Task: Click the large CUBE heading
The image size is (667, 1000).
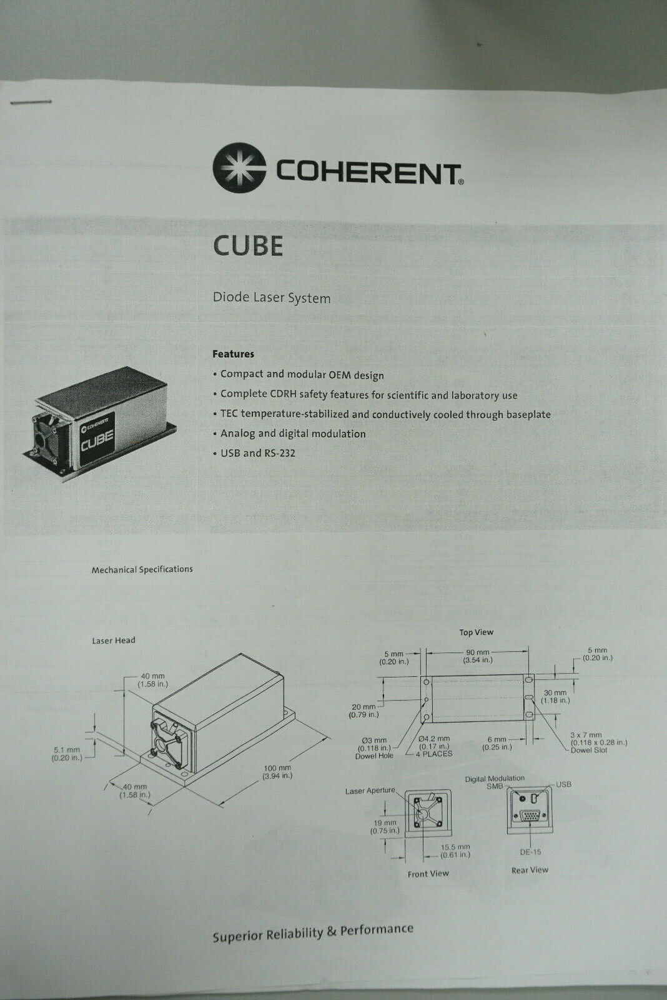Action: tap(247, 246)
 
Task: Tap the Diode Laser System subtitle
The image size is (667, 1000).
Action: tap(272, 297)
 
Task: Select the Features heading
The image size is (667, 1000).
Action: tap(233, 354)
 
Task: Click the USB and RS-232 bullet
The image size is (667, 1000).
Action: tap(257, 452)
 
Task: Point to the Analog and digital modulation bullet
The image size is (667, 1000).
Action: tap(292, 433)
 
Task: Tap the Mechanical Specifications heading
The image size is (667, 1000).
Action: tap(142, 569)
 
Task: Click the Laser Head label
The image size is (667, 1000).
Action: tap(114, 640)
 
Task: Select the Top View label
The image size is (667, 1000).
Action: tap(476, 632)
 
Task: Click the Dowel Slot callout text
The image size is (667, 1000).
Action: tap(589, 750)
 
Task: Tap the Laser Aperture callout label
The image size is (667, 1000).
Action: tap(370, 791)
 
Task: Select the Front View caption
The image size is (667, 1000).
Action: tap(428, 873)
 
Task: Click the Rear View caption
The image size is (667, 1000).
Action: tap(530, 870)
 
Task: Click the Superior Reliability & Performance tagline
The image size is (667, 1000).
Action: tap(313, 932)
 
